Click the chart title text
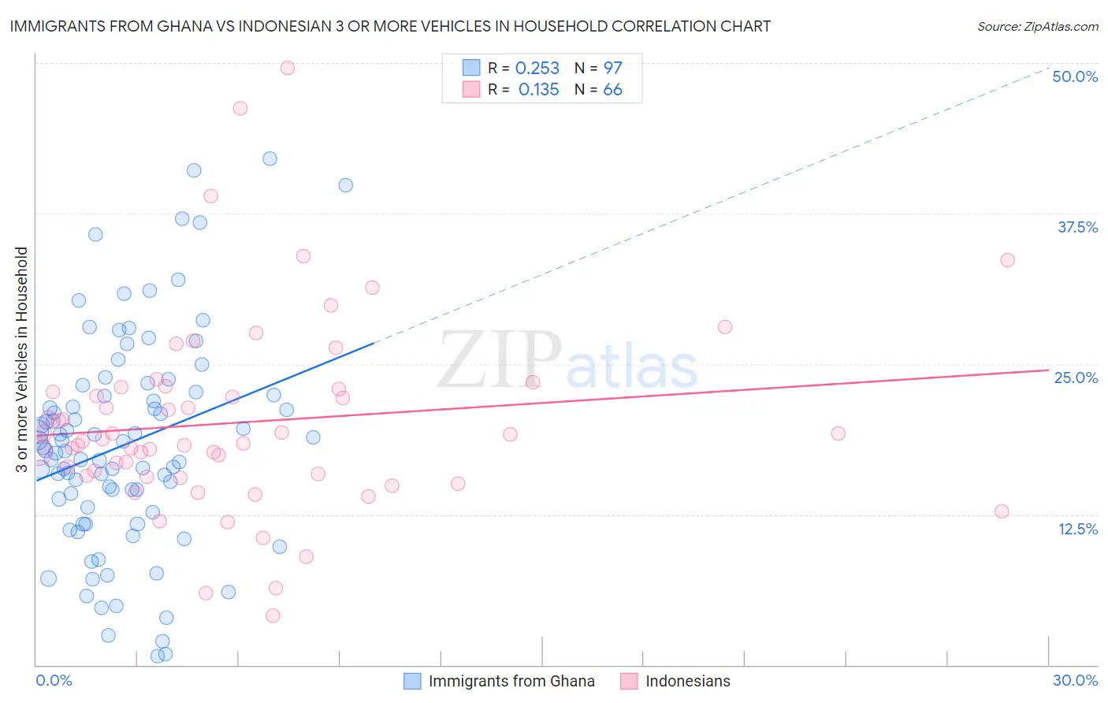(391, 26)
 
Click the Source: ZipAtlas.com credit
(1037, 26)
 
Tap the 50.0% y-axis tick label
(1075, 76)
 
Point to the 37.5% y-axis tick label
(1077, 227)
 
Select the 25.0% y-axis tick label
(1076, 378)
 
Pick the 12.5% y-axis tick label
(1077, 529)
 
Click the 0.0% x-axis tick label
(54, 680)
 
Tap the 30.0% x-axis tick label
(1075, 680)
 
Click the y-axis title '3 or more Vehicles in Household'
(22, 359)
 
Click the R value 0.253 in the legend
(537, 69)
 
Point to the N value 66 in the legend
(612, 90)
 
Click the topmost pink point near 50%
(288, 68)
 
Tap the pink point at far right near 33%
(1007, 260)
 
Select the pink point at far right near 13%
(1002, 511)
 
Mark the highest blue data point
(270, 158)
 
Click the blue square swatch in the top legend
(471, 68)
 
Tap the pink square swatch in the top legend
(471, 89)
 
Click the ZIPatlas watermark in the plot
(567, 360)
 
